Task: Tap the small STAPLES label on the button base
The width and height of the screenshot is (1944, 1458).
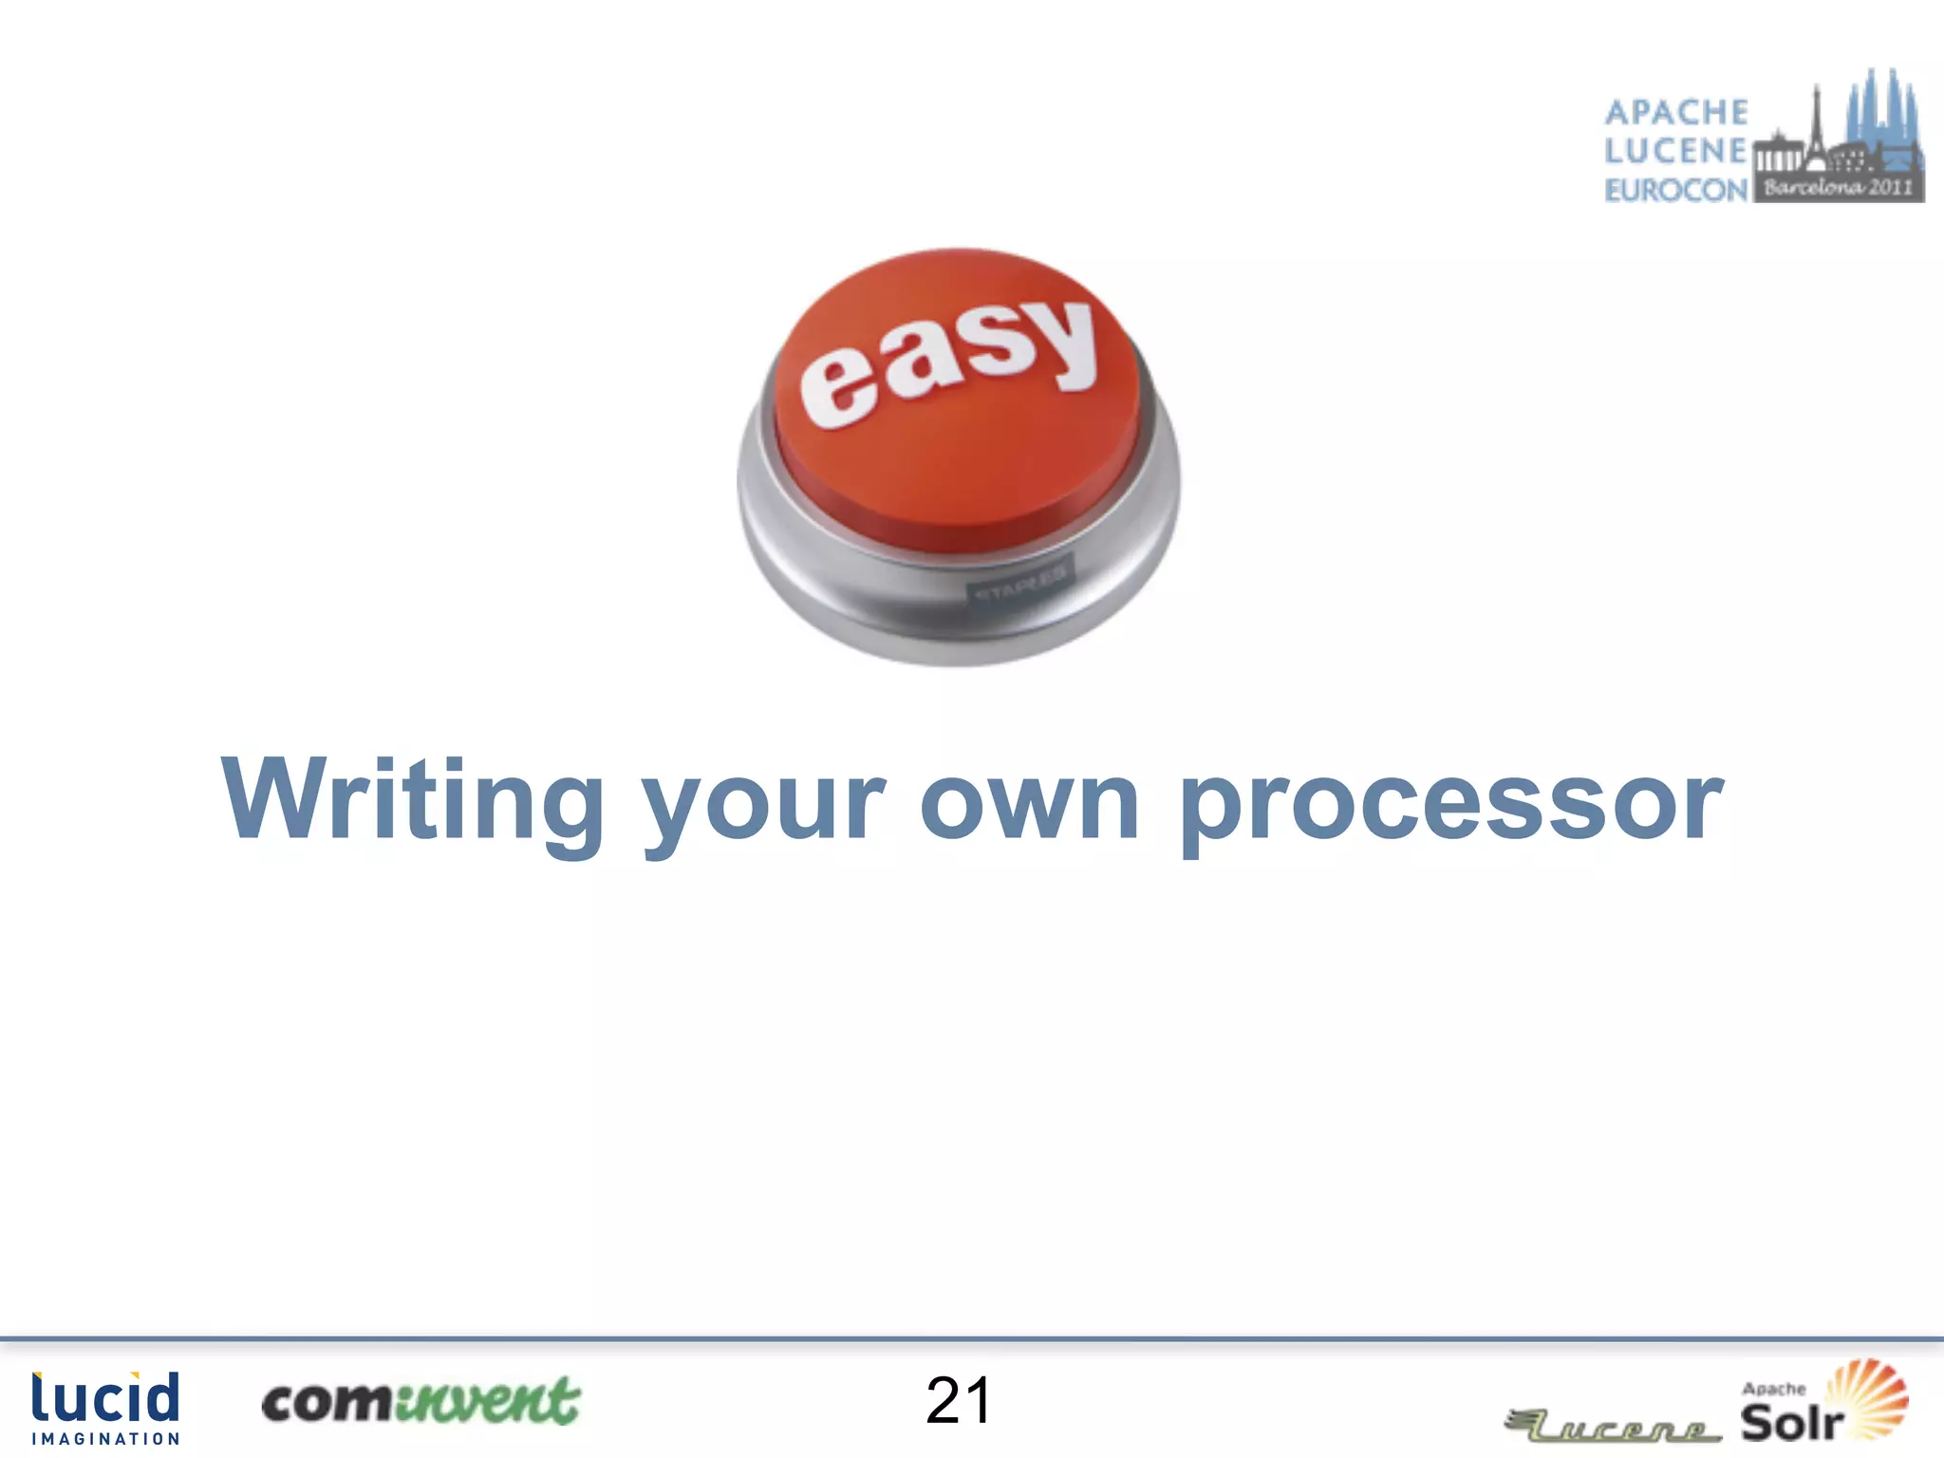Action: (1019, 582)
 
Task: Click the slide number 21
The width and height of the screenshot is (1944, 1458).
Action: (959, 1401)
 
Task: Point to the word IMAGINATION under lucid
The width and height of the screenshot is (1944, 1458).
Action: (105, 1439)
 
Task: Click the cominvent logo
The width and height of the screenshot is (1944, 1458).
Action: (421, 1401)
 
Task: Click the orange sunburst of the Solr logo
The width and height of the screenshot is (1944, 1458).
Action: (1868, 1395)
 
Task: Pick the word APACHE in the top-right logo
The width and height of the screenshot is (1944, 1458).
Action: (1676, 112)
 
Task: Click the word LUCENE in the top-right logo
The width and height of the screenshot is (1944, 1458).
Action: (1676, 151)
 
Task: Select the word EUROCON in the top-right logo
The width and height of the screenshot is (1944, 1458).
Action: (1676, 190)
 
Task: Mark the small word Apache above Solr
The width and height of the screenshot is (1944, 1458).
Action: (1773, 1389)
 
